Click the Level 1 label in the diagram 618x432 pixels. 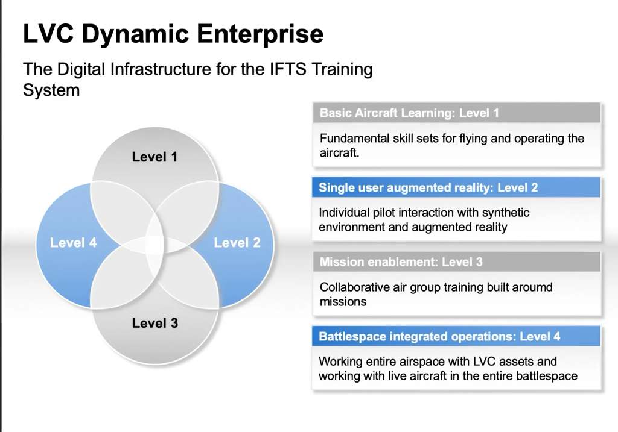click(154, 157)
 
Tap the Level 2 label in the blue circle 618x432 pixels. click(237, 242)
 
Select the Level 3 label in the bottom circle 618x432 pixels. click(155, 323)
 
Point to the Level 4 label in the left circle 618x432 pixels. click(73, 242)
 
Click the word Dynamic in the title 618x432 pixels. click(135, 34)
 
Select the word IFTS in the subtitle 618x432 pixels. click(288, 69)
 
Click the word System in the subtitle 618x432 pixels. click(51, 90)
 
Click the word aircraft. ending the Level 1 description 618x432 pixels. click(339, 153)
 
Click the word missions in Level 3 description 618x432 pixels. click(343, 302)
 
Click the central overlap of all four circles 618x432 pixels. click(154, 245)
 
